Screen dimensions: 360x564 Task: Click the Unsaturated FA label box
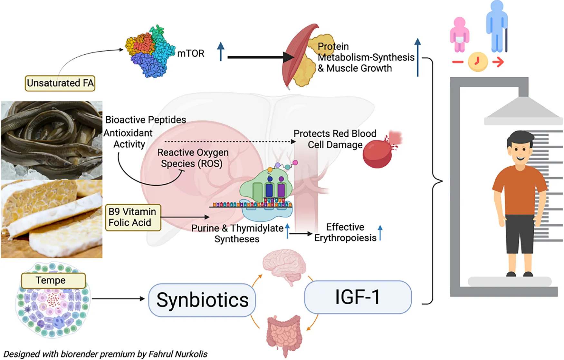click(60, 83)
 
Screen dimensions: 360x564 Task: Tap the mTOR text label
click(191, 53)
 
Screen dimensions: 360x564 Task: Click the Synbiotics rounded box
click(202, 300)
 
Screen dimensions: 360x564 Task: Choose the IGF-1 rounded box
click(358, 297)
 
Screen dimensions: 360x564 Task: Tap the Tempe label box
click(53, 280)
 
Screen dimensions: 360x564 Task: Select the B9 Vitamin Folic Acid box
click(133, 217)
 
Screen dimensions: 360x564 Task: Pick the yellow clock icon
click(477, 62)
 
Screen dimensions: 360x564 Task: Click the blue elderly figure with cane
click(497, 27)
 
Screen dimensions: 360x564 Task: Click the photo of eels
click(52, 140)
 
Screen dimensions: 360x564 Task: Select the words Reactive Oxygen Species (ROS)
click(192, 158)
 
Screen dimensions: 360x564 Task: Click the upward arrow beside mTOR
click(221, 52)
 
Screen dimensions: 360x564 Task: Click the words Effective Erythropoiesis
click(345, 232)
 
